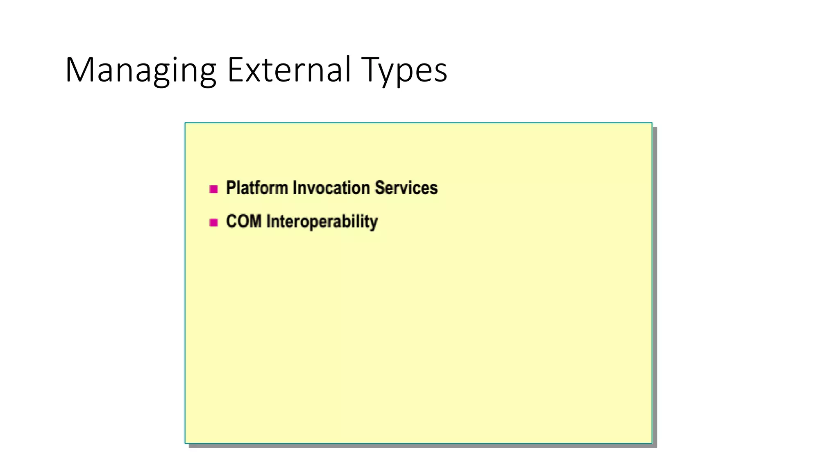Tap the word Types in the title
404,70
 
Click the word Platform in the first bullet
257,188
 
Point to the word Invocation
331,188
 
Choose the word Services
406,188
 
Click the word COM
244,221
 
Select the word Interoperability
322,222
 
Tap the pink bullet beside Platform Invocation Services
213,189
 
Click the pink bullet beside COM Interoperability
213,222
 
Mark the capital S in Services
380,188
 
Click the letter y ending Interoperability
373,223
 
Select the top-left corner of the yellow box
185,123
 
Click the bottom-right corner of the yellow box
652,443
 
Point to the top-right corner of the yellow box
652,123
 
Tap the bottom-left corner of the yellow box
185,443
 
